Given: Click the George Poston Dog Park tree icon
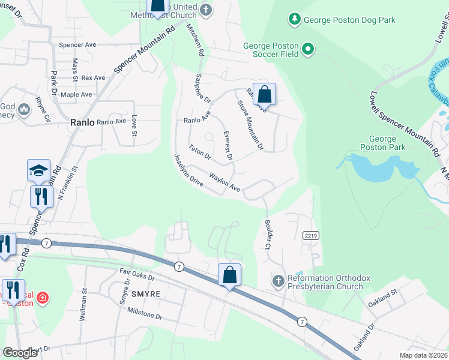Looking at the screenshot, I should coord(294,20).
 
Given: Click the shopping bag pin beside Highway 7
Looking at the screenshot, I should coord(229,276).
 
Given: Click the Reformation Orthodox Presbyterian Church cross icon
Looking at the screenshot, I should coord(278,281).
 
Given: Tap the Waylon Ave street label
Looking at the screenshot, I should coord(224,183).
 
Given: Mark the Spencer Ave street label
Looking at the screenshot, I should coord(77,45).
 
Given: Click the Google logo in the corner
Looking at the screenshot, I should coord(20,353).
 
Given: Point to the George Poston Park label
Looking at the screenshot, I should coord(384,143).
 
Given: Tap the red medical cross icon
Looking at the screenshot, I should coord(43,298).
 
